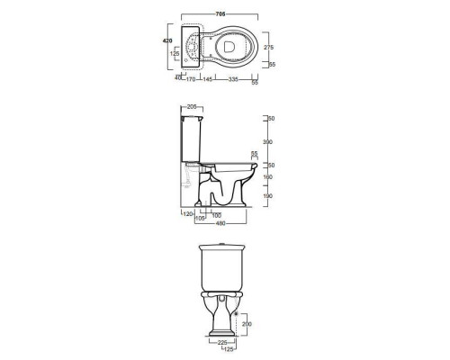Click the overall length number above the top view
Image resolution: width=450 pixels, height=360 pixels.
pyautogui.click(x=220, y=13)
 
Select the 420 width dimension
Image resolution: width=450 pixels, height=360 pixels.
pyautogui.click(x=167, y=40)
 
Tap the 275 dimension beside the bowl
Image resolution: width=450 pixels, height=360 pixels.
pyautogui.click(x=268, y=47)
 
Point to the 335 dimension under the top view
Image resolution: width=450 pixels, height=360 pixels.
pyautogui.click(x=233, y=79)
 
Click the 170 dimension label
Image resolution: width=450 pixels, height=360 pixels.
pyautogui.click(x=191, y=79)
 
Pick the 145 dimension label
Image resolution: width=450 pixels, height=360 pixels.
pyautogui.click(x=208, y=79)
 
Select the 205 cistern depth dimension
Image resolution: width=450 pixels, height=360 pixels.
pyautogui.click(x=192, y=106)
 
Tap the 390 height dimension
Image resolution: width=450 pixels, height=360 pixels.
pyautogui.click(x=267, y=142)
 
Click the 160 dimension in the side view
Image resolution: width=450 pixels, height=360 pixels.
pyautogui.click(x=267, y=177)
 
